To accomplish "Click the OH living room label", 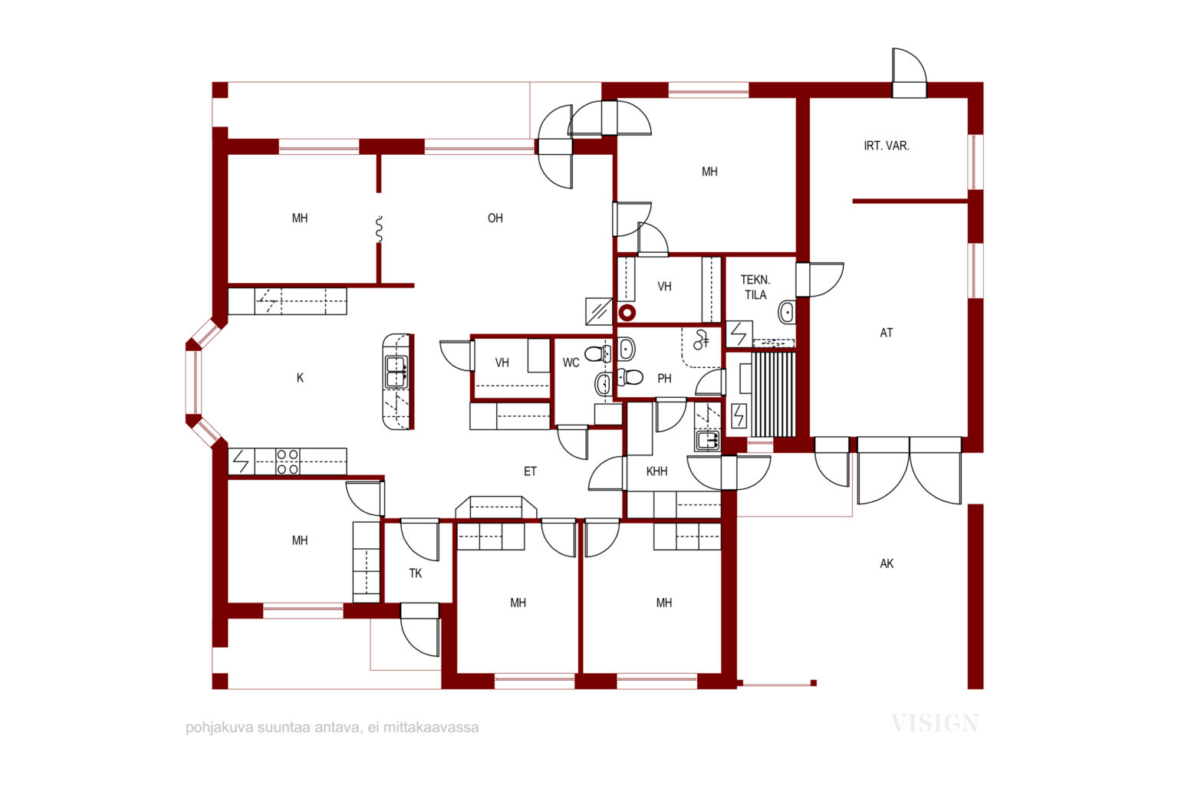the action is click(x=495, y=218).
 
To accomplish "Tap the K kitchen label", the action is click(x=300, y=378).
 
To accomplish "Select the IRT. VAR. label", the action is click(x=886, y=146).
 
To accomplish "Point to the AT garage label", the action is click(x=886, y=333).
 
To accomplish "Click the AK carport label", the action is click(x=886, y=564).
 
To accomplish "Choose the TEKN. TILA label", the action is click(x=755, y=287).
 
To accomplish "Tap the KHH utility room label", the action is click(x=656, y=471).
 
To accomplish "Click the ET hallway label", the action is click(x=530, y=471).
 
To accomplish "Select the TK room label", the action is click(x=416, y=573).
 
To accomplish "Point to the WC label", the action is click(x=571, y=363).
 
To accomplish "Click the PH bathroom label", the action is click(x=664, y=379).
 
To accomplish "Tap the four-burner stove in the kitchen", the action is click(x=288, y=461).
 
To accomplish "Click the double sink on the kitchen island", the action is click(x=396, y=373).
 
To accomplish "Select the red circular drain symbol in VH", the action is click(x=627, y=314).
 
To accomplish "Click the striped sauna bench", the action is click(x=773, y=394).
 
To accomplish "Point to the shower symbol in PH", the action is click(x=700, y=340).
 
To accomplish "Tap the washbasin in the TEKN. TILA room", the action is click(x=787, y=312).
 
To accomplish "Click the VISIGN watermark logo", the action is click(x=935, y=724).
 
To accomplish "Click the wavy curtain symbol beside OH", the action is click(x=379, y=229).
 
